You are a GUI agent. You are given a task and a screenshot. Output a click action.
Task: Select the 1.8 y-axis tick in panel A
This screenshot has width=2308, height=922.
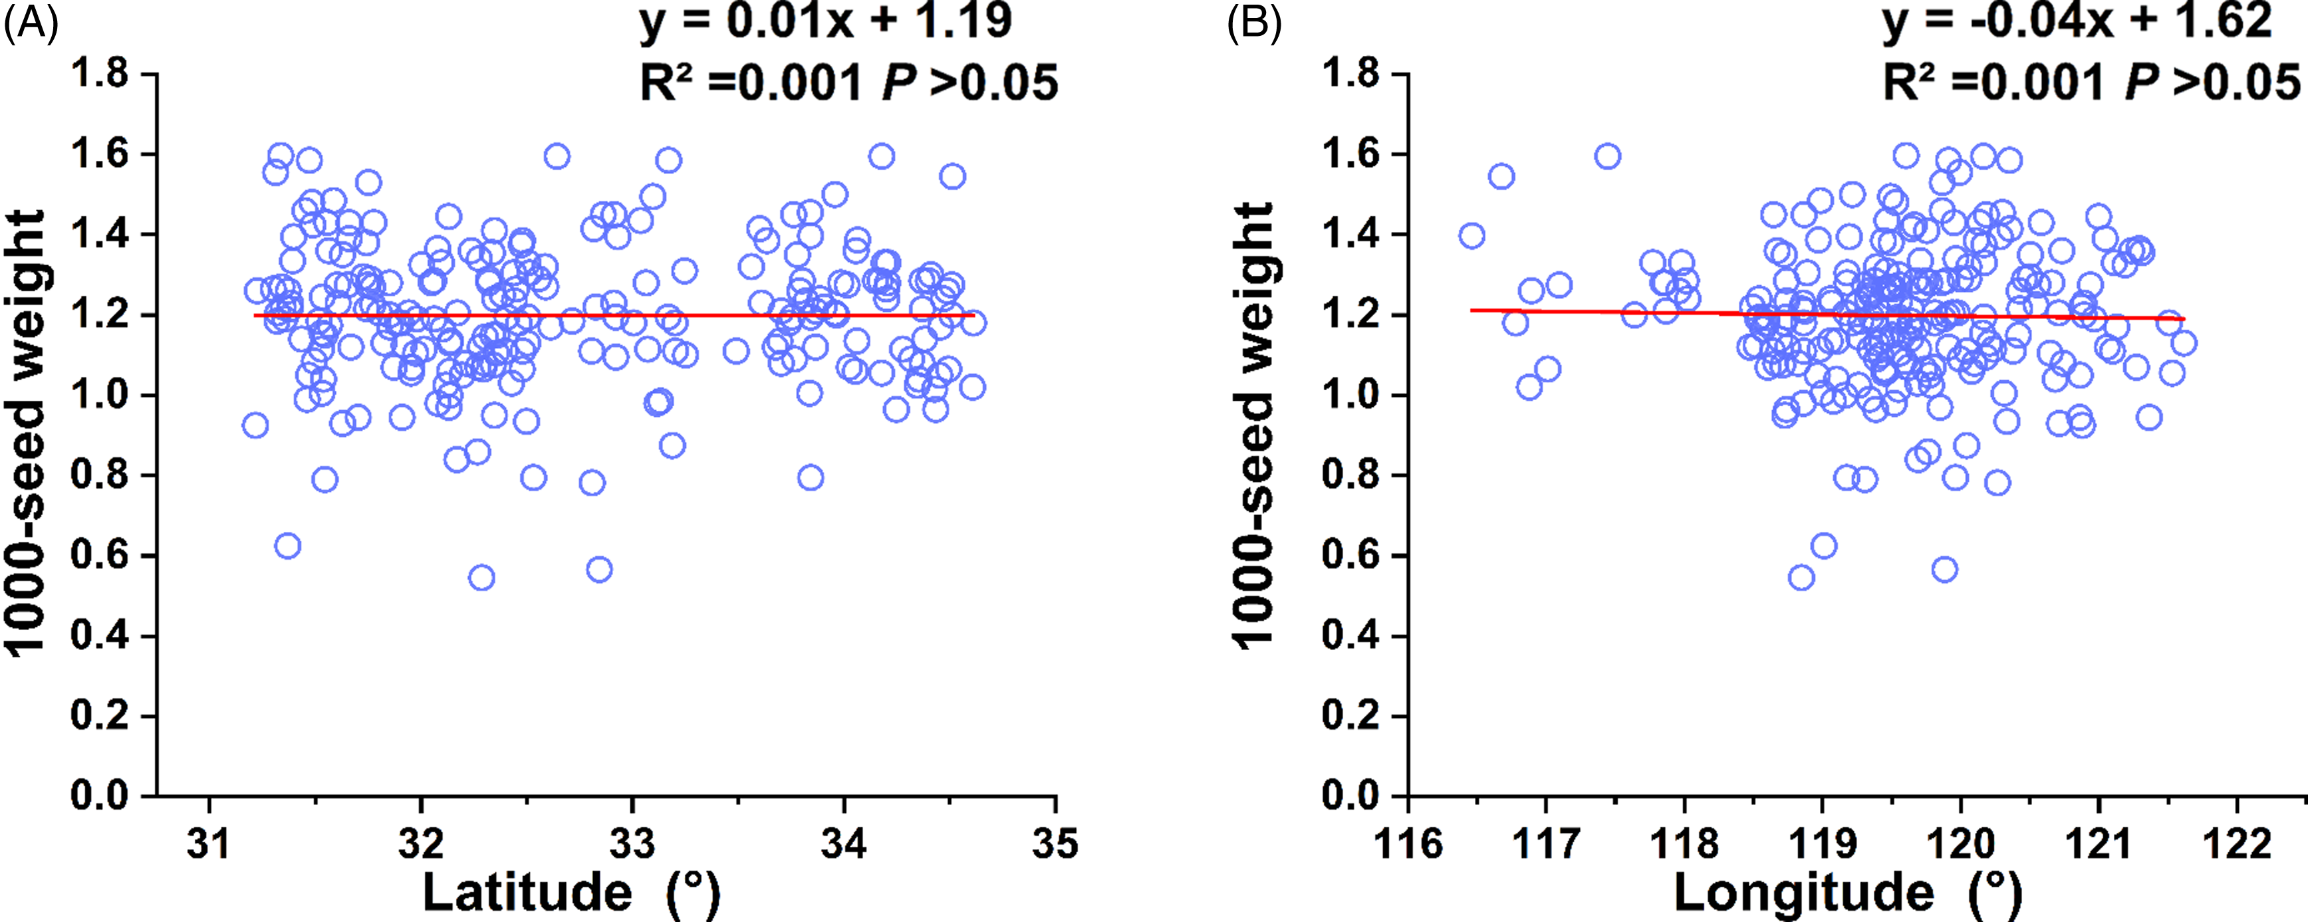(100, 74)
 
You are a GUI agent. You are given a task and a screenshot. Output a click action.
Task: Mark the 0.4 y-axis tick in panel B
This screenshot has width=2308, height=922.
(1350, 635)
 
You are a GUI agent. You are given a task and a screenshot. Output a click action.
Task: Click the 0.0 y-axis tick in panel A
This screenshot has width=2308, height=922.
(100, 796)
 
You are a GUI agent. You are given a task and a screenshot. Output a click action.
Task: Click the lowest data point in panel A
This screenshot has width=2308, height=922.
(481, 577)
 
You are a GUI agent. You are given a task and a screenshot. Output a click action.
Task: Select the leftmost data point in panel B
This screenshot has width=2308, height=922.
(1471, 236)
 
